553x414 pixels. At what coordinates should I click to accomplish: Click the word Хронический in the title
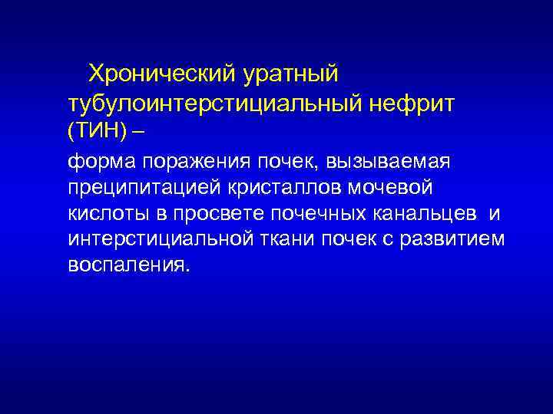(x=162, y=74)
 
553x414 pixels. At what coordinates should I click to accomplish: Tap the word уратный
(x=290, y=74)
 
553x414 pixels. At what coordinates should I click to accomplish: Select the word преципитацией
(x=138, y=188)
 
